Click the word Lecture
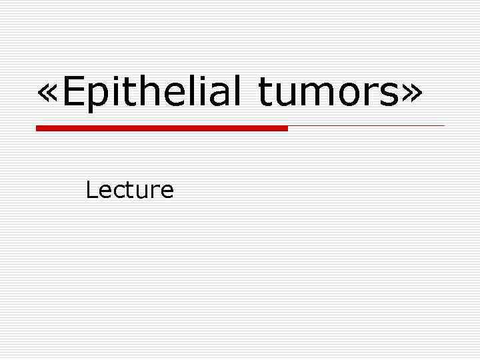pos(129,191)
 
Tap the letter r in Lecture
pos(155,193)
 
